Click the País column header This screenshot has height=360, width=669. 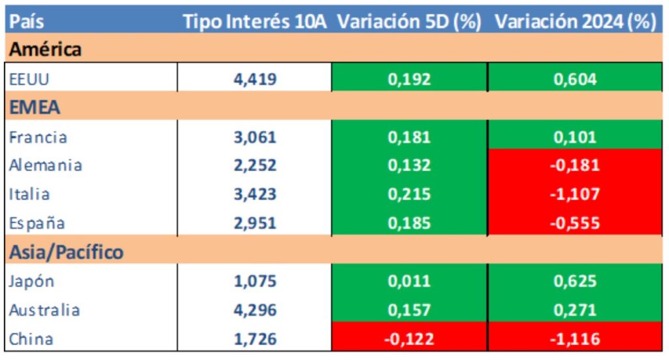[27, 21]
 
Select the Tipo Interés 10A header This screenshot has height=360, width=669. [257, 21]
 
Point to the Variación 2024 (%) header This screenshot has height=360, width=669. [575, 21]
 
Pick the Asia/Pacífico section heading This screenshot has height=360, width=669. [66, 252]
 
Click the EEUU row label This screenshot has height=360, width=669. [30, 79]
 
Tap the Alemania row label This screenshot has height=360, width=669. [46, 165]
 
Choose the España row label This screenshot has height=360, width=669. [37, 223]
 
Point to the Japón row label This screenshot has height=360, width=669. [32, 281]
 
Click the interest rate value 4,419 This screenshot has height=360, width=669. [255, 79]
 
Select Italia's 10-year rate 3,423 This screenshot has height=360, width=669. [255, 194]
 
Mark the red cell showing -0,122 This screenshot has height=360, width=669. [409, 339]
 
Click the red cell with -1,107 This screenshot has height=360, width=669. [575, 194]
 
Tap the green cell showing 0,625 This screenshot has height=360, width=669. [575, 281]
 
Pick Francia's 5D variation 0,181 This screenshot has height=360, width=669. [409, 137]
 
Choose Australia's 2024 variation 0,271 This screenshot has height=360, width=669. [575, 310]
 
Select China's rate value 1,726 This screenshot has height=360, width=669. [255, 339]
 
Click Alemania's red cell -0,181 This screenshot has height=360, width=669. [575, 165]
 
